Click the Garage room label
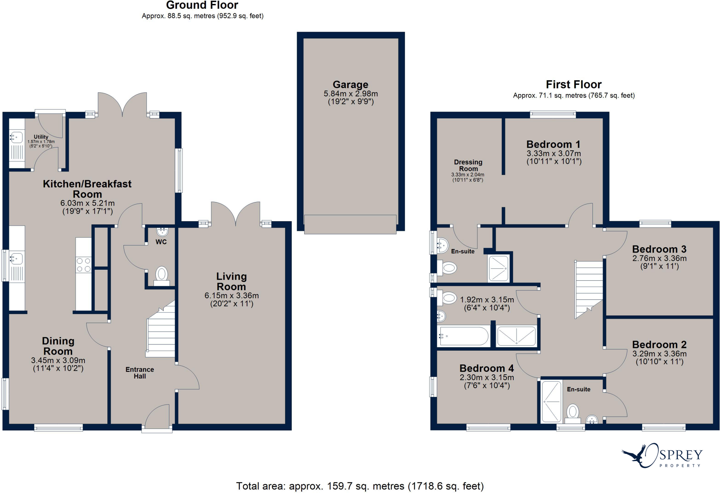(x=350, y=85)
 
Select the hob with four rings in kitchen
(x=84, y=265)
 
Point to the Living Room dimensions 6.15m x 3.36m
(x=232, y=295)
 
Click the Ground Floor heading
(x=202, y=5)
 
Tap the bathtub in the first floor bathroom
(x=464, y=336)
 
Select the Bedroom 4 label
(x=487, y=368)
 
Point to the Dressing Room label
(x=468, y=165)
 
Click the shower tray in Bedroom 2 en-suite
(x=551, y=401)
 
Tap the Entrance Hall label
(x=140, y=373)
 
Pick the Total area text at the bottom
(x=360, y=486)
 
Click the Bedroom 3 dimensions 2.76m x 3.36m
(x=659, y=258)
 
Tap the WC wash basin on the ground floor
(x=162, y=232)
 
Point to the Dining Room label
(x=58, y=346)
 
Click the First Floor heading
(x=573, y=85)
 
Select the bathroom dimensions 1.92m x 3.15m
(x=487, y=300)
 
